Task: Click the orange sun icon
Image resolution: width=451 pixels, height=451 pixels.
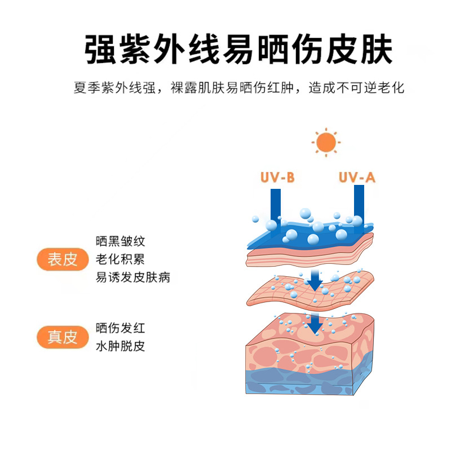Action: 325,143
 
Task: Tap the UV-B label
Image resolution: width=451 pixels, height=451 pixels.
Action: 277,178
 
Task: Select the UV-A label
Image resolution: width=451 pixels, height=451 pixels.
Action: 357,178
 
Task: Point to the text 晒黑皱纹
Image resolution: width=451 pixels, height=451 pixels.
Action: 121,242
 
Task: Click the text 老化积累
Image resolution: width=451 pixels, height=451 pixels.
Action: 121,260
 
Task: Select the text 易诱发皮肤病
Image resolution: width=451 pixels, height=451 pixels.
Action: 133,277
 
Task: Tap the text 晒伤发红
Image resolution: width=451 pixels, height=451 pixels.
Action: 121,328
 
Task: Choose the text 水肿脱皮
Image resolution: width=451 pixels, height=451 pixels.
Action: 121,346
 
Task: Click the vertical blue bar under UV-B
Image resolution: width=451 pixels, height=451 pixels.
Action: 276,206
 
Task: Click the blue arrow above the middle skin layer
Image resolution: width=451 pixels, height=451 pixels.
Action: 315,278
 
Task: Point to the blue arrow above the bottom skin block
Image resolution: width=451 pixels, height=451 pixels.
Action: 315,322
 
